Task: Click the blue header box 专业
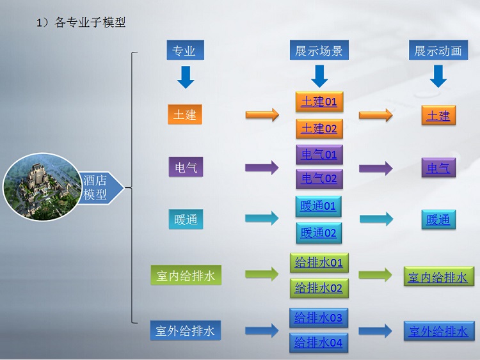pos(185,50)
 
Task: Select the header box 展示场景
pos(319,50)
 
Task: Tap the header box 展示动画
pos(438,50)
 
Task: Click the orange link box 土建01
pos(319,102)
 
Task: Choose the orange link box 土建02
pos(319,129)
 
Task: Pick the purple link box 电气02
pos(319,178)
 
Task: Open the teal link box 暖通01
pos(318,206)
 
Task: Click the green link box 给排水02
pos(319,288)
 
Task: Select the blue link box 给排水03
pos(319,318)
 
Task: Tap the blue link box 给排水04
pos(319,343)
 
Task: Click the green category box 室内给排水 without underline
pos(186,276)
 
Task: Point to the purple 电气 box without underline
pos(186,167)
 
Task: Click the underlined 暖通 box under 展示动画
pos(438,219)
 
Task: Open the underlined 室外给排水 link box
pos(439,331)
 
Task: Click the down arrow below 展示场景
pos(319,76)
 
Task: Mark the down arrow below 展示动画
pos(438,76)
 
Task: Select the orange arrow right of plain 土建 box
pos(262,114)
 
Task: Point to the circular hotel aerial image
pos(42,187)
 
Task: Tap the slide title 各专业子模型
pos(90,22)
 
